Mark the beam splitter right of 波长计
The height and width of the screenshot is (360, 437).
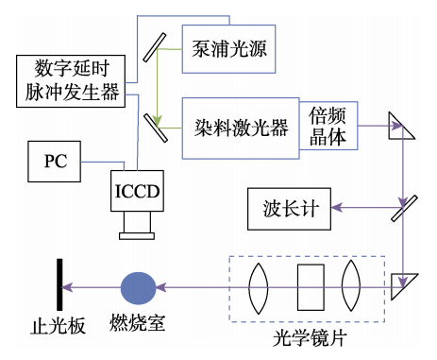pyautogui.click(x=405, y=207)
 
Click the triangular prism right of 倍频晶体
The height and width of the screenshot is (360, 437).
pyautogui.click(x=403, y=124)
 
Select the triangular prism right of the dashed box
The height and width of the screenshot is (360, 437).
pyautogui.click(x=404, y=284)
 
